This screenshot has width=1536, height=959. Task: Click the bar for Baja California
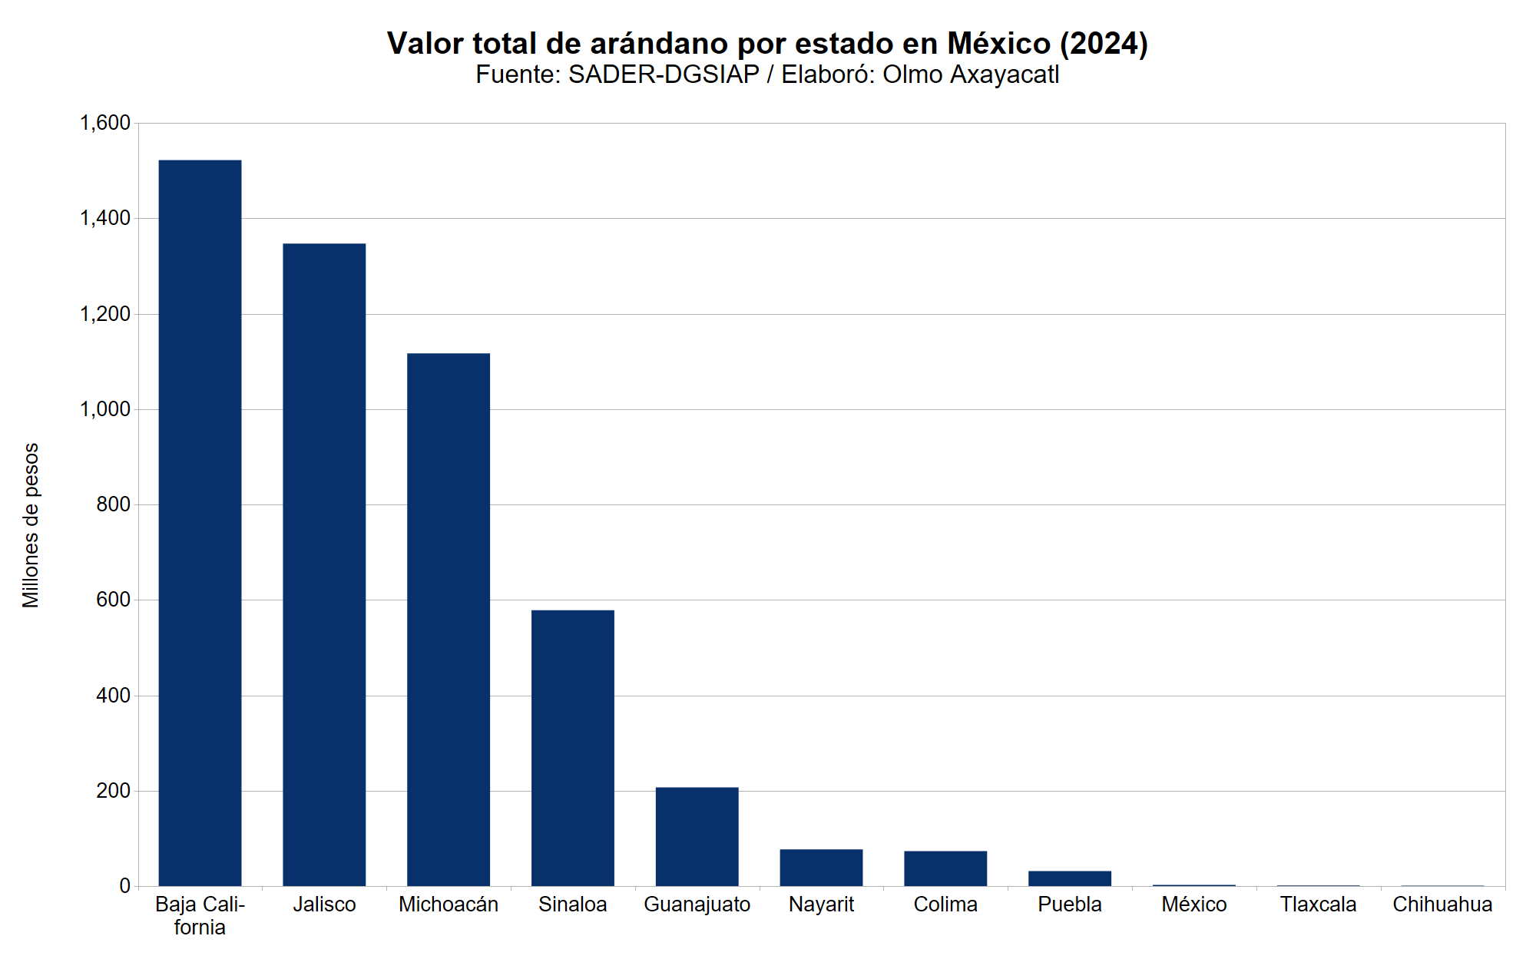coord(200,522)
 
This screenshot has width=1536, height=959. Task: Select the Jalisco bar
coord(324,564)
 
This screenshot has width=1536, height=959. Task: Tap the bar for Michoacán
coord(449,619)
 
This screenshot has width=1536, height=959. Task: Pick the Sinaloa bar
coord(573,748)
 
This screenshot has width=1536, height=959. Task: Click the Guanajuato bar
coord(697,836)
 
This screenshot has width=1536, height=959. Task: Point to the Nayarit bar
coord(821,868)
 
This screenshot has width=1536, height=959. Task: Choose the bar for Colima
coord(945,868)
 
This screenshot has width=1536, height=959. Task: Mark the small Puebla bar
coord(1070,878)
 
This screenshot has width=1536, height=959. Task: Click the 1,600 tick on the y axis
coord(105,123)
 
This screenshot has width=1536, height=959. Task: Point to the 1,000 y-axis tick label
coord(105,409)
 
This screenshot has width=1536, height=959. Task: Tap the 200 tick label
coord(113,791)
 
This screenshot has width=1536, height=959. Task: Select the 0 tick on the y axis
coord(124,886)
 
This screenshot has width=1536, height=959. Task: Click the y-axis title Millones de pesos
coord(31,525)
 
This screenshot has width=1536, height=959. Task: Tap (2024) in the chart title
coord(1104,44)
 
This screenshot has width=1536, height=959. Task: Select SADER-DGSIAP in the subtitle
coord(664,74)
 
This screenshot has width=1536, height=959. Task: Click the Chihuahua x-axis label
coord(1442,904)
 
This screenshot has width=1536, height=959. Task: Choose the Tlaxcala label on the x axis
coord(1318,904)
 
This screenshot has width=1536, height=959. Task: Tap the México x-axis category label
coord(1193,904)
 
